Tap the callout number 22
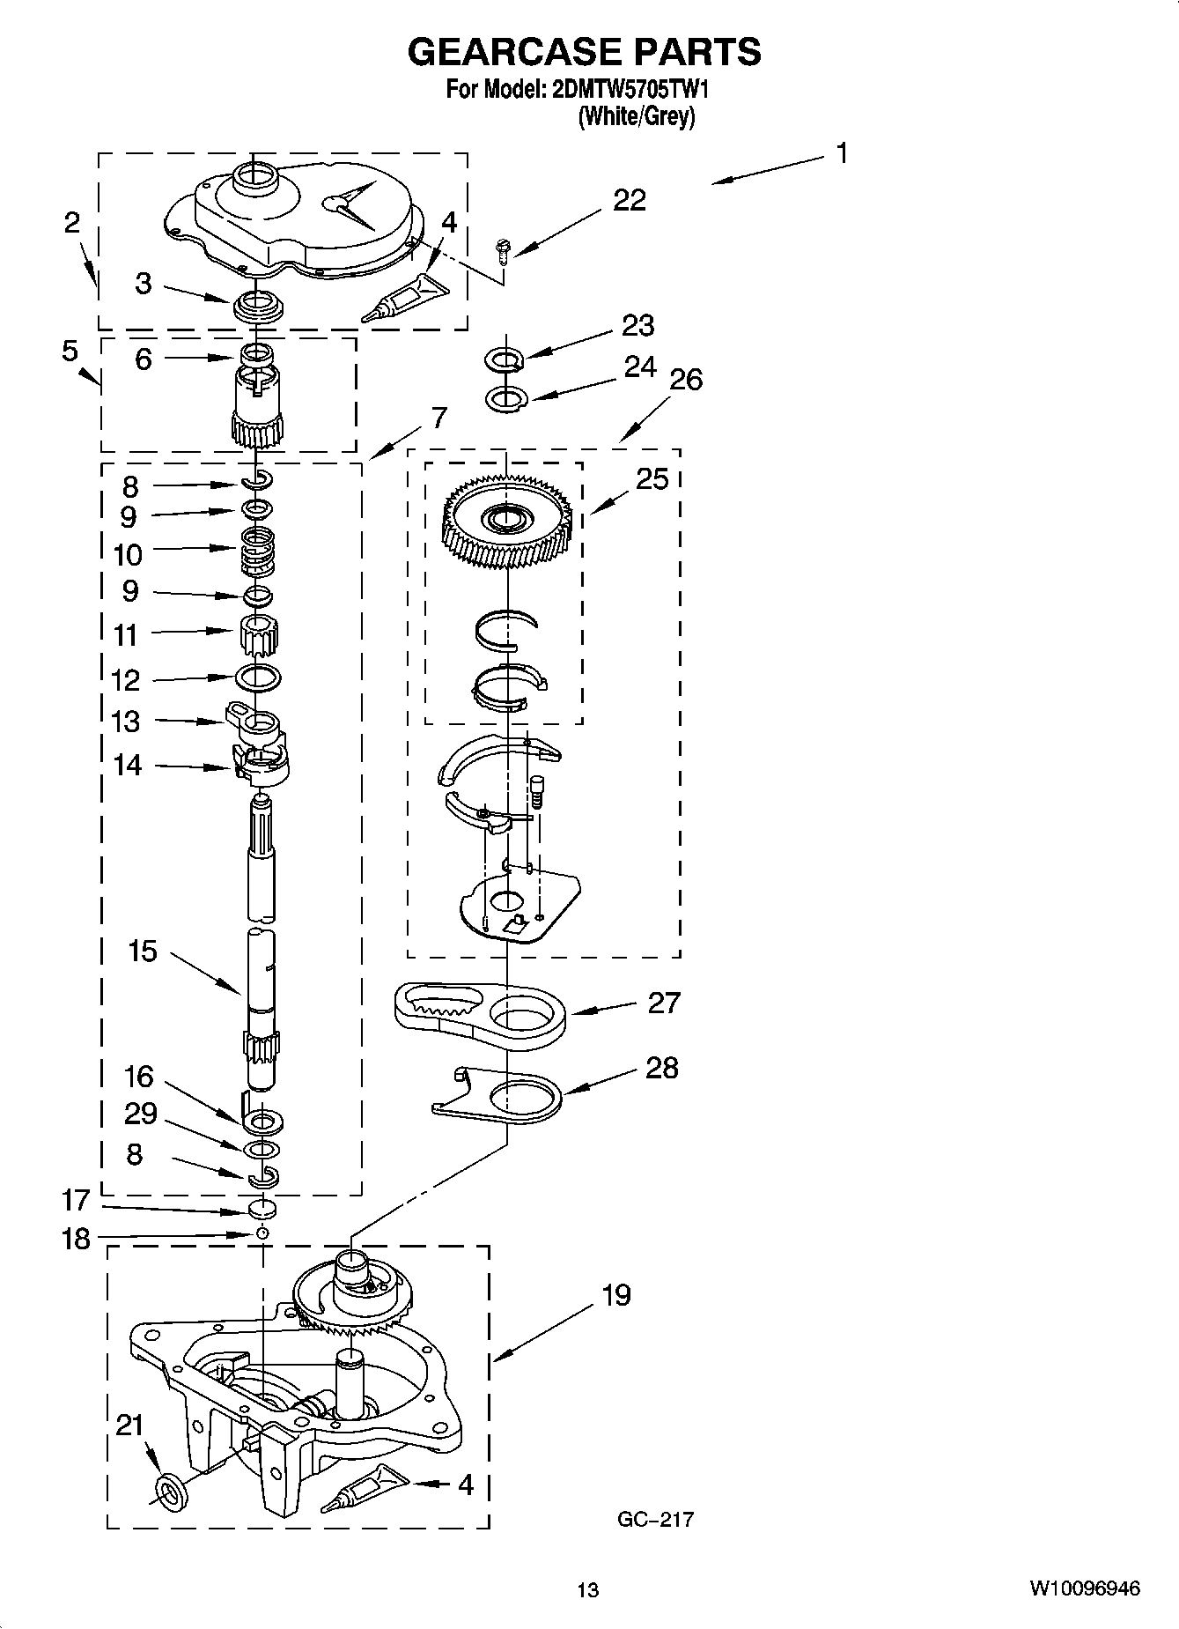pyautogui.click(x=630, y=201)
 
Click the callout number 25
pyautogui.click(x=652, y=479)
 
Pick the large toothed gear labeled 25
pyautogui.click(x=508, y=523)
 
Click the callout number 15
pyautogui.click(x=143, y=951)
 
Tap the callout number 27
pyautogui.click(x=664, y=1003)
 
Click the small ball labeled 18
pyautogui.click(x=262, y=1233)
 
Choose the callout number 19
pyautogui.click(x=616, y=1295)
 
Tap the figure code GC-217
pyautogui.click(x=654, y=1519)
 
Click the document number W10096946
pyautogui.click(x=1084, y=1588)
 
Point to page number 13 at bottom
pyautogui.click(x=587, y=1589)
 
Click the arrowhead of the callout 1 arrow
pyautogui.click(x=716, y=182)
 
